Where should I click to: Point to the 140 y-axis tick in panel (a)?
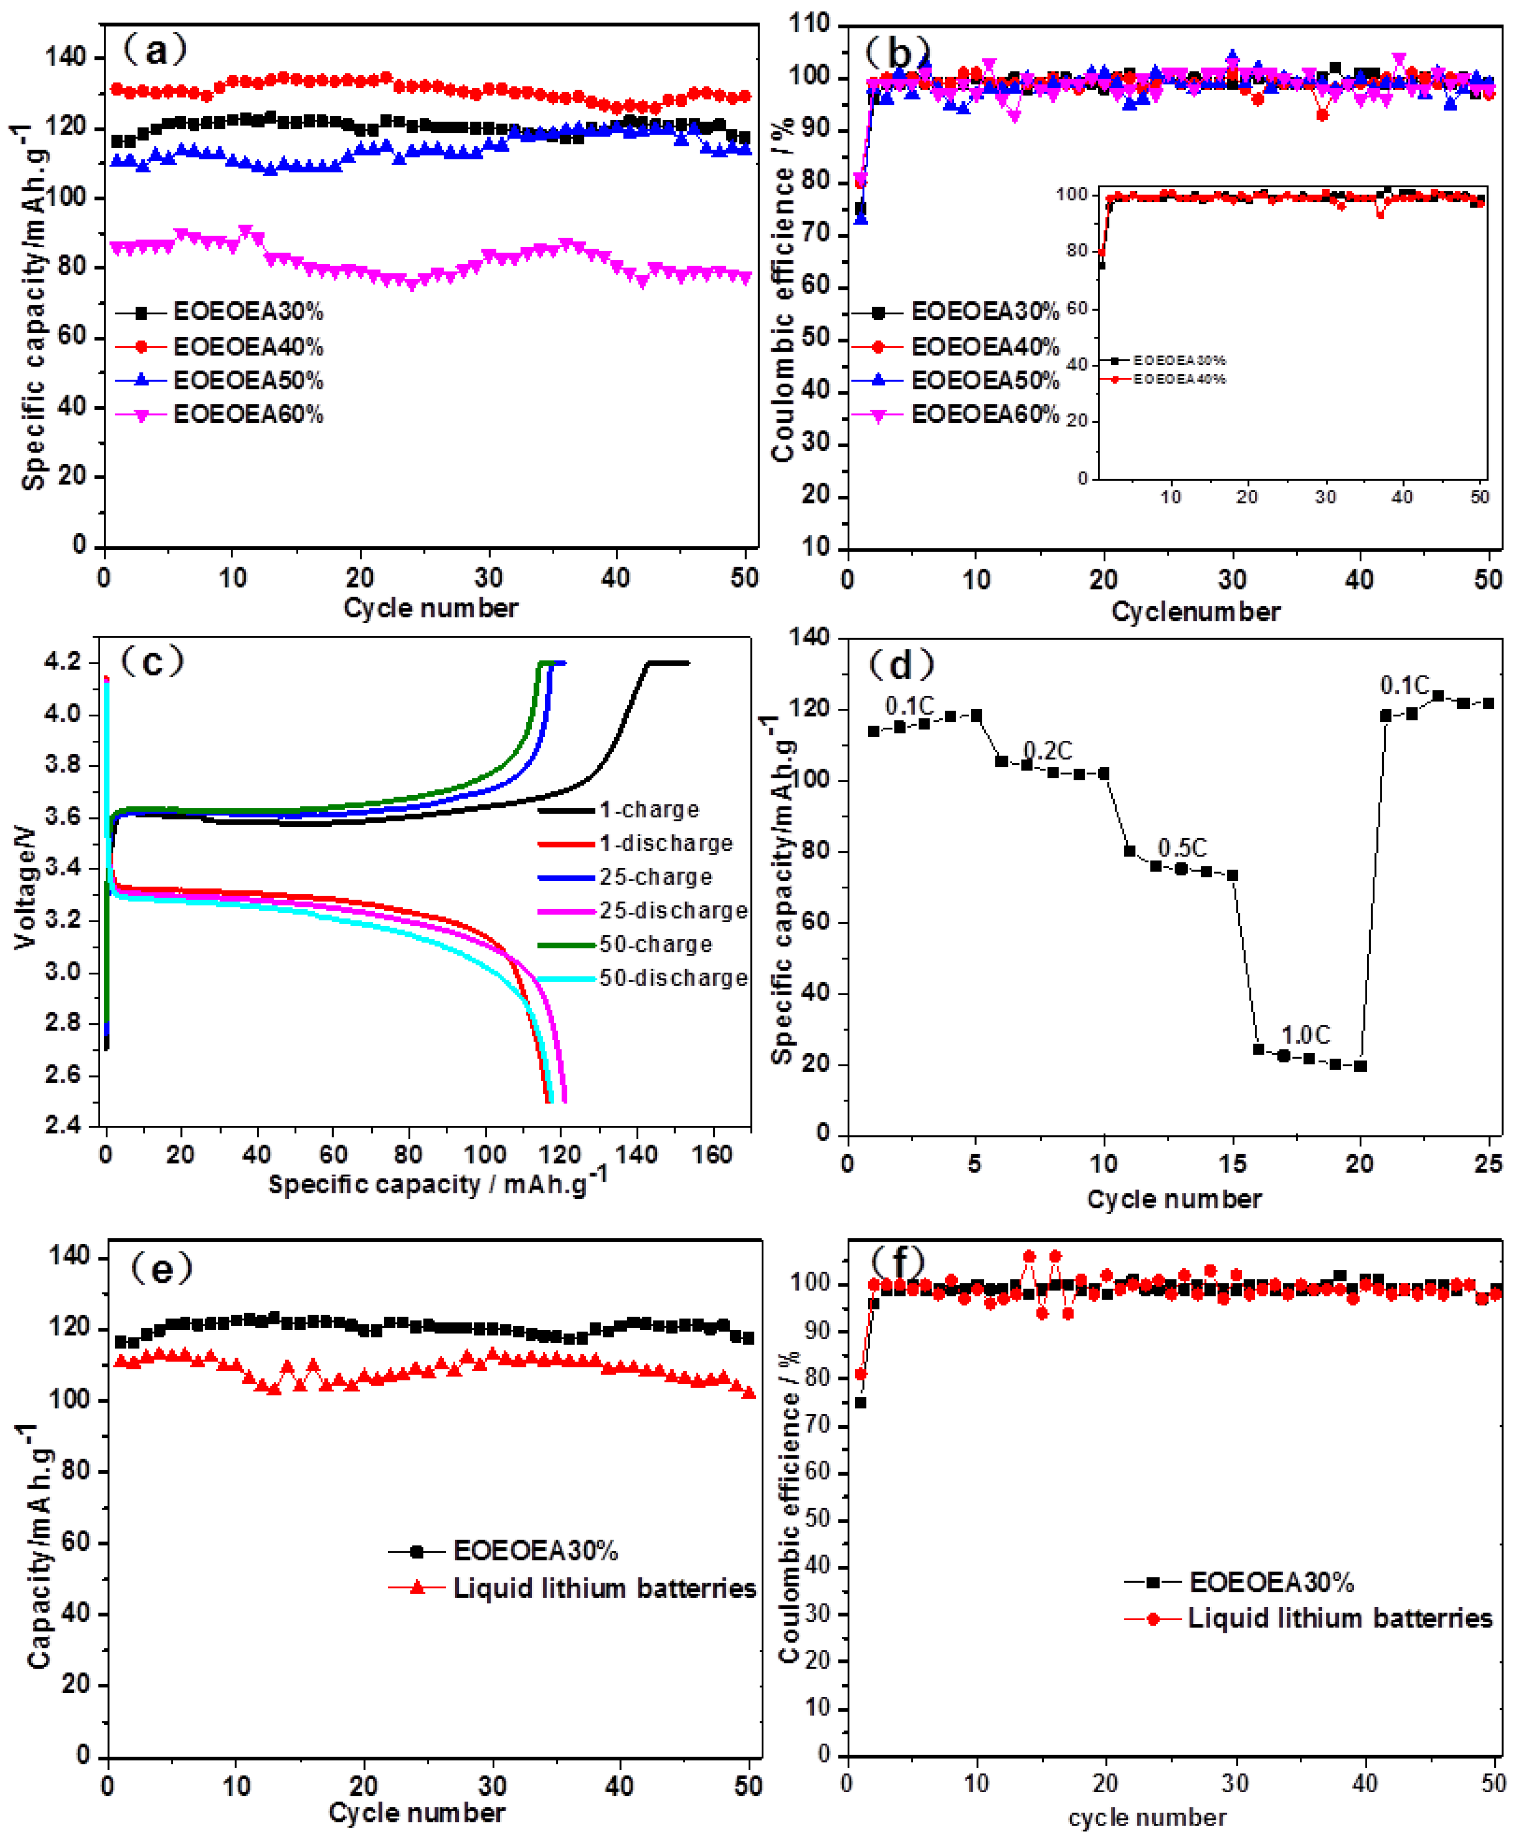[x=66, y=58]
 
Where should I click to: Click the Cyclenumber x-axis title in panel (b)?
[x=1195, y=611]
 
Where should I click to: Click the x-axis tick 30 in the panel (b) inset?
[x=1325, y=497]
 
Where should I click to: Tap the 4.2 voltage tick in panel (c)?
[x=63, y=662]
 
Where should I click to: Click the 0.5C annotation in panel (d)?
[x=1182, y=847]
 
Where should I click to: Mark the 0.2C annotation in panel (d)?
[x=1047, y=750]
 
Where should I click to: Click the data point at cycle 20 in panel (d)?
[x=1360, y=1066]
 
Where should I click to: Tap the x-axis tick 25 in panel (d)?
[x=1488, y=1164]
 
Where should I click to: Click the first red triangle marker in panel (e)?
[x=120, y=1361]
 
